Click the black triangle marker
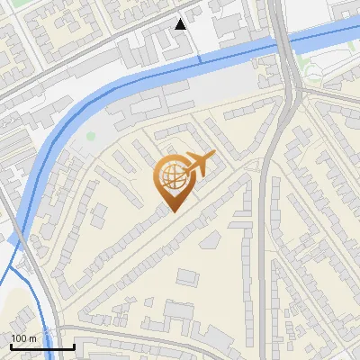(x=182, y=24)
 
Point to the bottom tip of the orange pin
(x=173, y=211)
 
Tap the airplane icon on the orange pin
(x=197, y=164)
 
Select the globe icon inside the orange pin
(x=170, y=177)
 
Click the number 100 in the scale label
(x=18, y=338)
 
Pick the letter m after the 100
(x=31, y=338)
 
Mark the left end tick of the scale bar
(x=10, y=346)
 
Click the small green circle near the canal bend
(x=90, y=137)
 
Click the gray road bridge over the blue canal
(x=285, y=40)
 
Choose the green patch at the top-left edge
(x=7, y=4)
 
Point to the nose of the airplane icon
(x=214, y=156)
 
